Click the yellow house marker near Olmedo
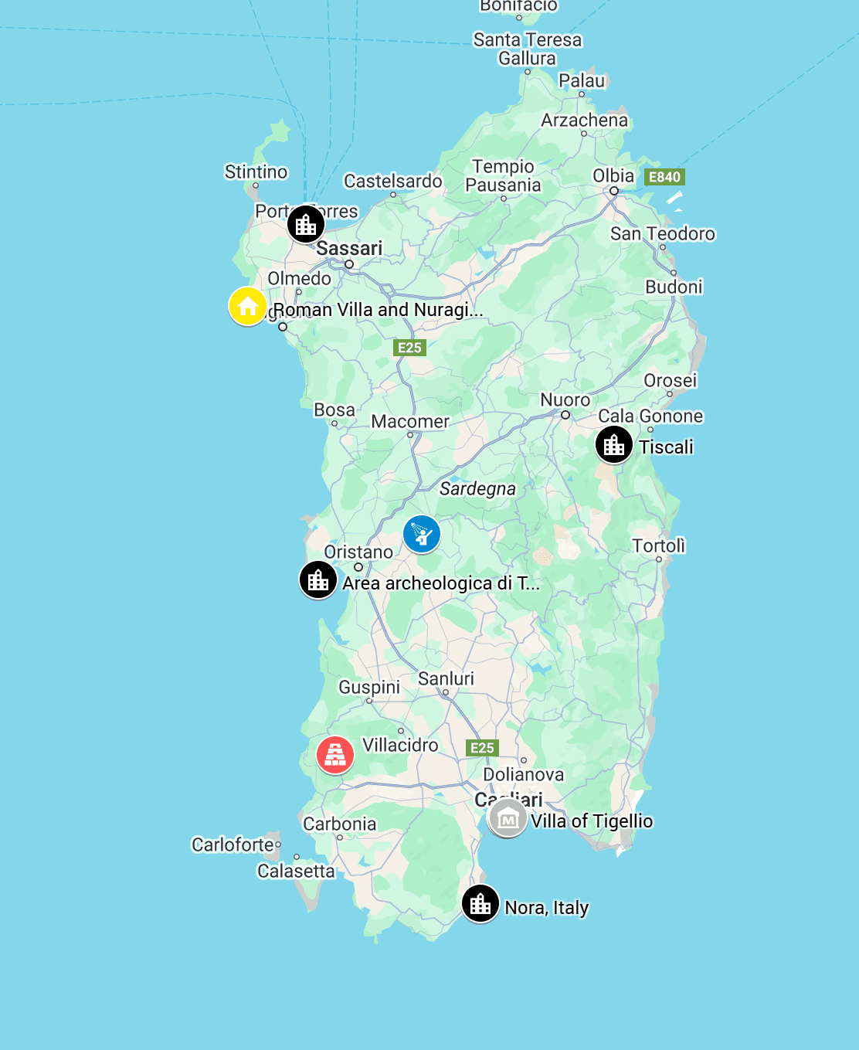pyautogui.click(x=248, y=306)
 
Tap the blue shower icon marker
pyautogui.click(x=422, y=534)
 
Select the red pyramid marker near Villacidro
pyautogui.click(x=335, y=755)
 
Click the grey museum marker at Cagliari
pyautogui.click(x=508, y=818)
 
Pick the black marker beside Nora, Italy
pyautogui.click(x=480, y=903)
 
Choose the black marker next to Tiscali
pyautogui.click(x=614, y=444)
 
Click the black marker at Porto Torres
pyautogui.click(x=306, y=224)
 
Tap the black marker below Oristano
pyautogui.click(x=318, y=579)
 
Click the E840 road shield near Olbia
pyautogui.click(x=664, y=177)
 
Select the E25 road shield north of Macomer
pyautogui.click(x=409, y=348)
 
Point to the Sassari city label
pyautogui.click(x=349, y=248)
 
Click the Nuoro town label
pyautogui.click(x=565, y=399)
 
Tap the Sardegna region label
pyautogui.click(x=477, y=488)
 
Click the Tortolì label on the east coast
pyautogui.click(x=658, y=545)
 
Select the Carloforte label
pyautogui.click(x=233, y=844)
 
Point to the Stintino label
pyautogui.click(x=256, y=172)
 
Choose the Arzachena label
pyautogui.click(x=584, y=120)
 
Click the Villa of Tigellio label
pyautogui.click(x=592, y=821)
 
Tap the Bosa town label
pyautogui.click(x=334, y=409)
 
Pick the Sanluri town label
pyautogui.click(x=446, y=678)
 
